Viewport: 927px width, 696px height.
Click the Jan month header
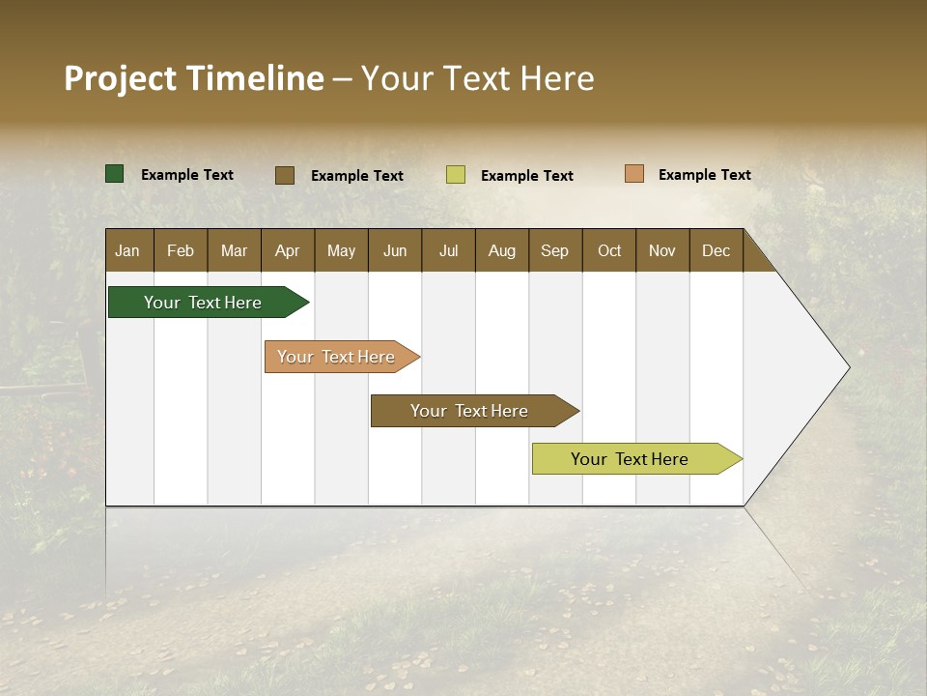pyautogui.click(x=127, y=250)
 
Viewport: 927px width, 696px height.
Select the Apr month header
pyautogui.click(x=287, y=250)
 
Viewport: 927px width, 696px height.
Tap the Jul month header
pyautogui.click(x=448, y=250)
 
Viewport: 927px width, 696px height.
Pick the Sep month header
pyautogui.click(x=554, y=250)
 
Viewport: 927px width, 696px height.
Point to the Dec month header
pyautogui.click(x=716, y=250)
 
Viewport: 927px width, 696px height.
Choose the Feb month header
pyautogui.click(x=181, y=250)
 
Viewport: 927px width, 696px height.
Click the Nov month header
pyautogui.click(x=661, y=250)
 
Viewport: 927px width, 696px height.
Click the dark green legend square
pyautogui.click(x=114, y=174)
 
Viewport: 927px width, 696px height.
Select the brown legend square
pyautogui.click(x=285, y=175)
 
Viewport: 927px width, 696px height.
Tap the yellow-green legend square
pyautogui.click(x=456, y=175)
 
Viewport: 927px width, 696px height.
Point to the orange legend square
pyautogui.click(x=633, y=174)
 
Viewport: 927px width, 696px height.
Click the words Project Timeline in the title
pyautogui.click(x=194, y=78)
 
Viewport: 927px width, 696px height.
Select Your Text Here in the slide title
pyautogui.click(x=477, y=78)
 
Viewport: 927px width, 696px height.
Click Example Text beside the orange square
pyautogui.click(x=704, y=175)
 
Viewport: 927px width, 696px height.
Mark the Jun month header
pyautogui.click(x=395, y=250)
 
